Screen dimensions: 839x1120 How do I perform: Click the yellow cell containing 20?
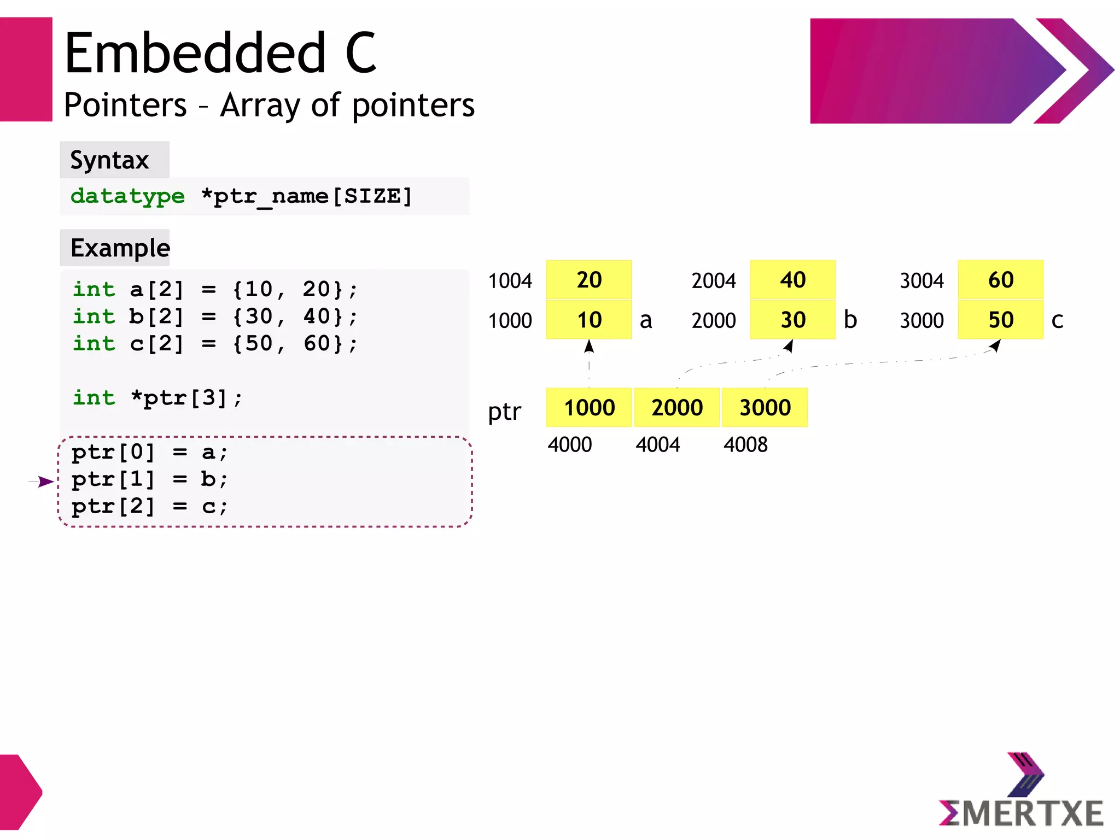[588, 280]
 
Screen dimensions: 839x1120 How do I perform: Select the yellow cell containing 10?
[588, 320]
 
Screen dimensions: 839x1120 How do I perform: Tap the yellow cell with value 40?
[792, 280]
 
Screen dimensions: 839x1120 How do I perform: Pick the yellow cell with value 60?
[1000, 280]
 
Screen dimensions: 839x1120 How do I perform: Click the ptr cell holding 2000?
[676, 408]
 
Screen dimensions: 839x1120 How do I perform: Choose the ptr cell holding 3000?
[765, 408]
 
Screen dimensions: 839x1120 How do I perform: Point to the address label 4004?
[657, 445]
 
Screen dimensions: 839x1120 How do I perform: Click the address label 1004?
[510, 281]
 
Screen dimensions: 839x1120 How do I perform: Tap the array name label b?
[850, 320]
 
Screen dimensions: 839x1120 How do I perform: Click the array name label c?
[1057, 321]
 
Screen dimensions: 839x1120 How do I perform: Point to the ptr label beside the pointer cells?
[504, 412]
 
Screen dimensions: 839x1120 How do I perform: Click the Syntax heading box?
[114, 160]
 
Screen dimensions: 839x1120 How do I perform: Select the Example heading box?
[115, 248]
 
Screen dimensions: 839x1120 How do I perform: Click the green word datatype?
[127, 196]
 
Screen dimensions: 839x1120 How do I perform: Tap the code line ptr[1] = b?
[149, 479]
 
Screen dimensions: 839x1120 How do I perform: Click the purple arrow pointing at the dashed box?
[43, 482]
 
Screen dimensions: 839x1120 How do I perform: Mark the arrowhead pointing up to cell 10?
[589, 346]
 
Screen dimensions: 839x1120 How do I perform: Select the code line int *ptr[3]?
[157, 398]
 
